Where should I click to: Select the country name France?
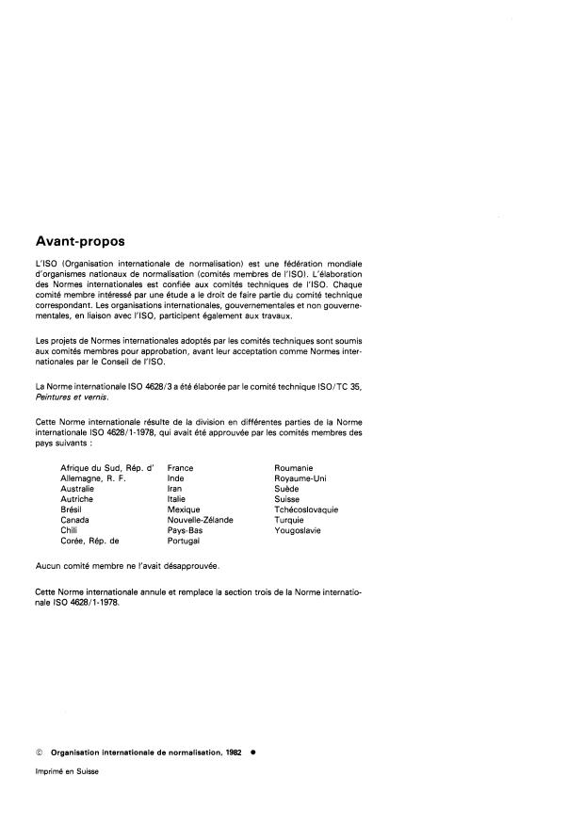click(180, 467)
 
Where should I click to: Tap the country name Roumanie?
click(293, 467)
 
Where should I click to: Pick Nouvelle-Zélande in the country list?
click(200, 520)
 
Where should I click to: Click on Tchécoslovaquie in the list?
click(306, 510)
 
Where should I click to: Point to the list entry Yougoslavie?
click(297, 530)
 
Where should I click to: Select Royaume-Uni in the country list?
click(300, 477)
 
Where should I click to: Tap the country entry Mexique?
click(183, 510)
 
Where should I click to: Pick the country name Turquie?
click(289, 520)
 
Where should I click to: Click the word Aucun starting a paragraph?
click(47, 568)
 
